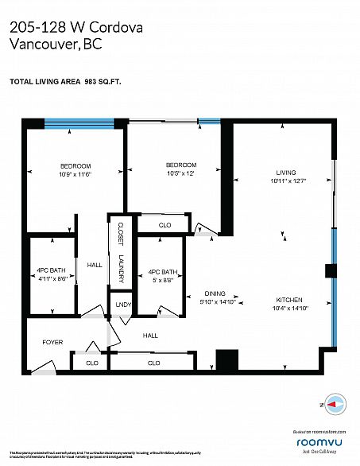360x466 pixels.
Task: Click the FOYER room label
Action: [52, 342]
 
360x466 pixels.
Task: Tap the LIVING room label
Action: [285, 172]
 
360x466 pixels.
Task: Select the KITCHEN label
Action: [289, 292]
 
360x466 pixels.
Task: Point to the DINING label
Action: [216, 292]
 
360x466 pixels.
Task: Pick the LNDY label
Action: [122, 305]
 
